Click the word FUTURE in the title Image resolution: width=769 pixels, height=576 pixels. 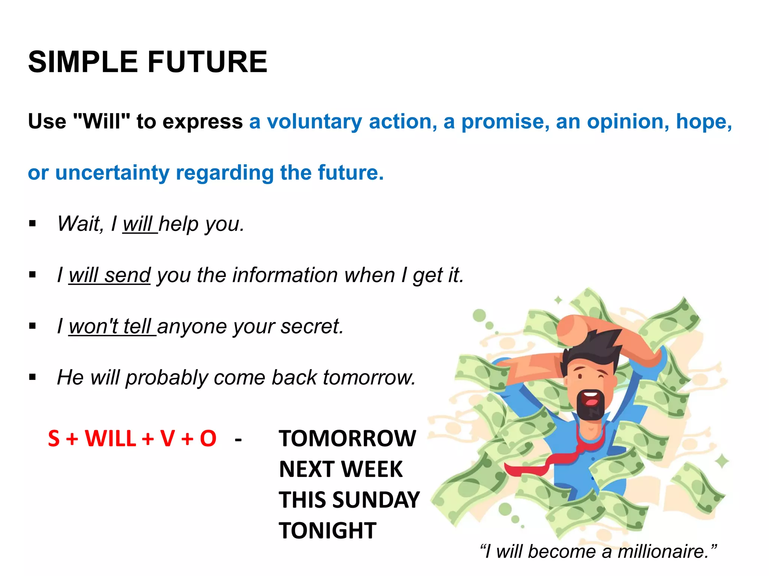point(207,62)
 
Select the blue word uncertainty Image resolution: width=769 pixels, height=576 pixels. point(112,173)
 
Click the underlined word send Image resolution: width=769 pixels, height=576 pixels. point(128,275)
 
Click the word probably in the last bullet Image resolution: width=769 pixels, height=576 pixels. point(166,378)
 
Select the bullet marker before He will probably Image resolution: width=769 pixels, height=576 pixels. point(33,377)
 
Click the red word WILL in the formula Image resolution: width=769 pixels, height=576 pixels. point(110,438)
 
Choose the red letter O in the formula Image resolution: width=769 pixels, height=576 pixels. point(208,438)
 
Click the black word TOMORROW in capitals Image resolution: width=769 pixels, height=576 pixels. point(347,438)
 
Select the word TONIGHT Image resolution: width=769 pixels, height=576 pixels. point(327,531)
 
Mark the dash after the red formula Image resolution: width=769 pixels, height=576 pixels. point(238,439)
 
